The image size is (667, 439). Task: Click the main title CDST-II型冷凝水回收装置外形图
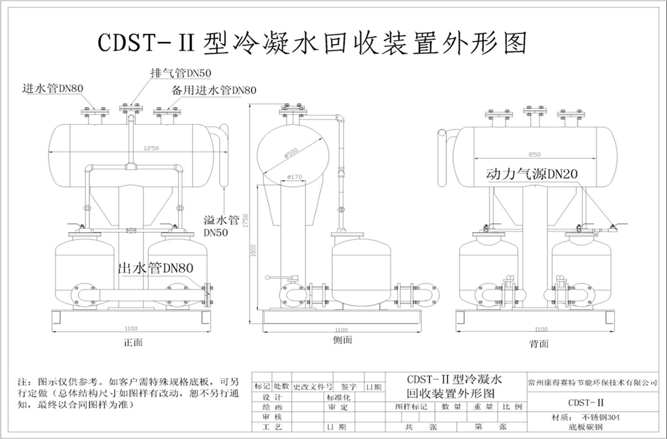point(311,43)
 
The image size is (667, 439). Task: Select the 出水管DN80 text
point(155,268)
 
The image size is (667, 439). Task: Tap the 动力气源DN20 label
point(532,174)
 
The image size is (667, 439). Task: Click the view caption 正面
point(133,342)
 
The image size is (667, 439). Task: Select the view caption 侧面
point(342,340)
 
